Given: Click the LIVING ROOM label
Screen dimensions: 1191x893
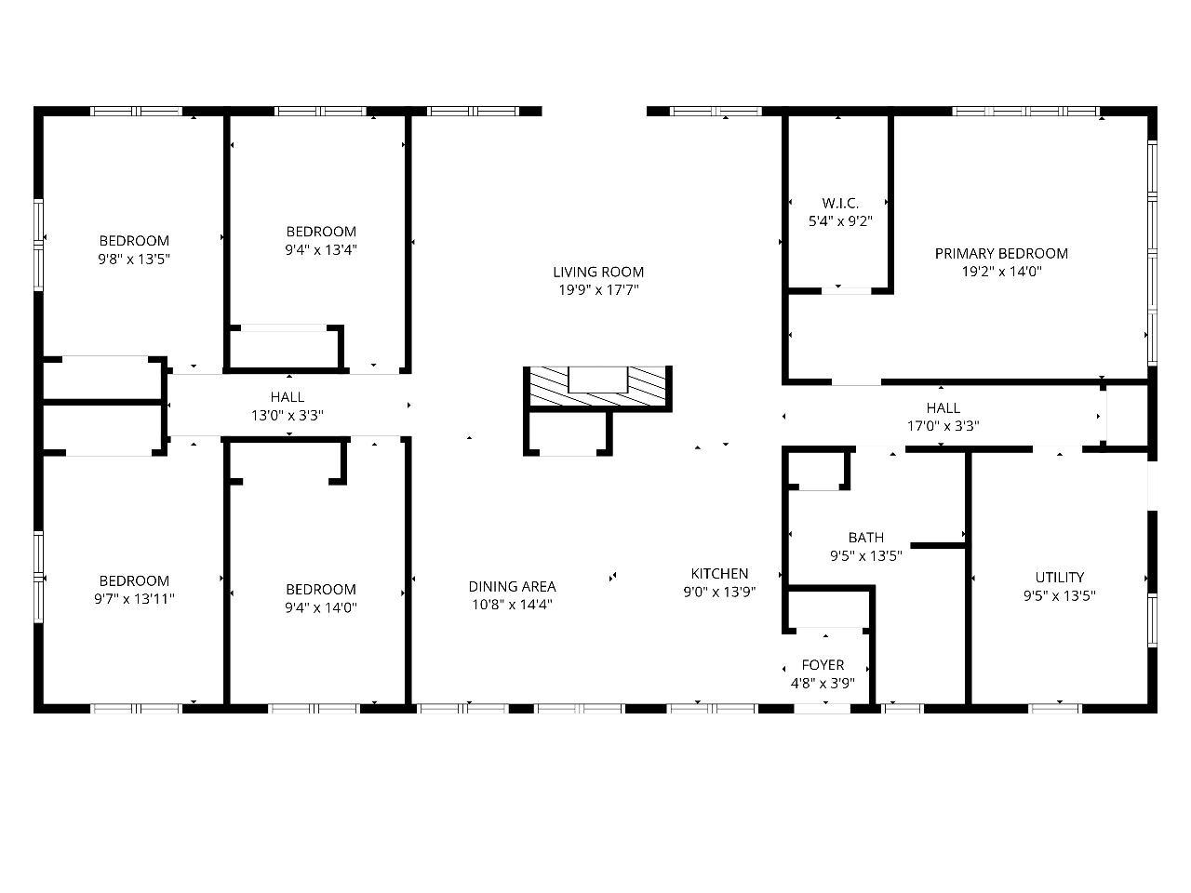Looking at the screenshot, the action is pyautogui.click(x=598, y=272).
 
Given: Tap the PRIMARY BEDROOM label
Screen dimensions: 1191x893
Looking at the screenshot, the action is pyautogui.click(x=1001, y=253).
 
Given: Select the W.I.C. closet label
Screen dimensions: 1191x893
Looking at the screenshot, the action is pyautogui.click(x=840, y=204).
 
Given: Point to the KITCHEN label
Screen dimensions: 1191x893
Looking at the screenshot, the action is pyautogui.click(x=719, y=573).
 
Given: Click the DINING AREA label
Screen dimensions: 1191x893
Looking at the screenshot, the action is pyautogui.click(x=512, y=586).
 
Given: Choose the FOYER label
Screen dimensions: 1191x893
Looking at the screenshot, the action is pyautogui.click(x=823, y=665).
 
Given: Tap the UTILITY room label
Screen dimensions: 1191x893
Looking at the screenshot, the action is pyautogui.click(x=1060, y=577).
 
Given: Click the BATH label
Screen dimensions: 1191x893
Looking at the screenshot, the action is pyautogui.click(x=866, y=538).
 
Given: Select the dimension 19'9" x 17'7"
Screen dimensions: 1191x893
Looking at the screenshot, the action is pyautogui.click(x=598, y=290).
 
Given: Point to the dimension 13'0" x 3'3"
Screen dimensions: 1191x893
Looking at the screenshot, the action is pyautogui.click(x=287, y=415).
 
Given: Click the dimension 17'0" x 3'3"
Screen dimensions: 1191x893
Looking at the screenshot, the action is pyautogui.click(x=943, y=426).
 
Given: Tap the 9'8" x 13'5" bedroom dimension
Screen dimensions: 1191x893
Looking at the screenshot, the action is pyautogui.click(x=134, y=260).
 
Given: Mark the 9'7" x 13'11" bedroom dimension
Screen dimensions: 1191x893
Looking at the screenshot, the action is pyautogui.click(x=134, y=598).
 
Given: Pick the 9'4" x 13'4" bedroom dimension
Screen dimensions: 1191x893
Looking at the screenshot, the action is pyautogui.click(x=321, y=250).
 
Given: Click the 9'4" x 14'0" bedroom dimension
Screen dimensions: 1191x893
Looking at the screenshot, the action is pyautogui.click(x=321, y=607).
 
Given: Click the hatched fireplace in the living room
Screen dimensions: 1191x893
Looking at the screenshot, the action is pyautogui.click(x=597, y=386).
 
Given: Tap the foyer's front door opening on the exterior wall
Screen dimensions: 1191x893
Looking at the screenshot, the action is pyautogui.click(x=822, y=708).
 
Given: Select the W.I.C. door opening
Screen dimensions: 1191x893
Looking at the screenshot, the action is pyautogui.click(x=847, y=291).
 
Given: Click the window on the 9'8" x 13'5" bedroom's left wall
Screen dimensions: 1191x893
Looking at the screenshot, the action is pyautogui.click(x=38, y=245).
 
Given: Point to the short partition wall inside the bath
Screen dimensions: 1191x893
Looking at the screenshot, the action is pyautogui.click(x=937, y=545).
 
